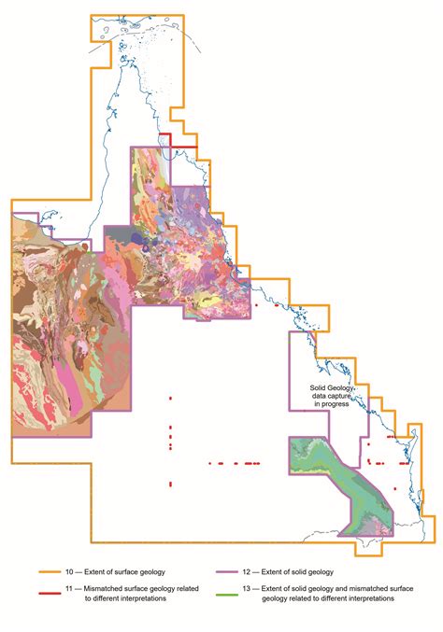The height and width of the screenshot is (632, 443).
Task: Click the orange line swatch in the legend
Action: tap(52, 571)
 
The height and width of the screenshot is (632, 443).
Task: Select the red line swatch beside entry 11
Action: tap(52, 591)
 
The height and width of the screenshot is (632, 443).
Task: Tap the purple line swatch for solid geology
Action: tap(241, 571)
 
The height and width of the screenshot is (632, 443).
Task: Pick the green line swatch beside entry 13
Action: tap(241, 591)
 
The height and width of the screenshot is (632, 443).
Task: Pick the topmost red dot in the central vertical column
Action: tap(170, 399)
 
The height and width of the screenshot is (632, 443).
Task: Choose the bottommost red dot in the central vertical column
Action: tap(170, 484)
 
